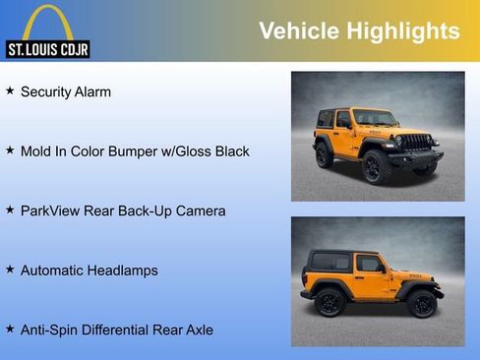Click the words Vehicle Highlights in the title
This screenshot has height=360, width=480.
click(359, 30)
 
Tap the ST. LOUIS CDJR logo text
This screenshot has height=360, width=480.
click(48, 48)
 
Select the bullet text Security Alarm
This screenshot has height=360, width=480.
click(66, 91)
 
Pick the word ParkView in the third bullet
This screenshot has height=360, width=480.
click(52, 210)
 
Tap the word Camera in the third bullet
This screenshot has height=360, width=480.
click(201, 210)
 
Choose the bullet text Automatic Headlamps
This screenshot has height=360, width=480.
click(89, 270)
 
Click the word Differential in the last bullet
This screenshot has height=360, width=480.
click(125, 330)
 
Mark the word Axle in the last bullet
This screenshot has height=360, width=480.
click(198, 330)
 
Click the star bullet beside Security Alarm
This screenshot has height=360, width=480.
click(10, 90)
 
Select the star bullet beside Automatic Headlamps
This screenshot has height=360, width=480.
click(10, 269)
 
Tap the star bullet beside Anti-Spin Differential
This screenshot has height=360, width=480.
click(10, 329)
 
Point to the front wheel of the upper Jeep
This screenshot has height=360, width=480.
click(374, 167)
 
